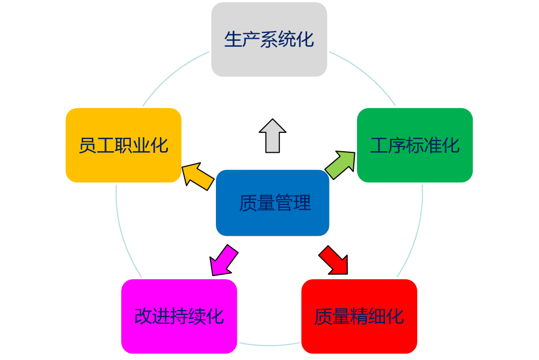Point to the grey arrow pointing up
[272, 136]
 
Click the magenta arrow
[223, 260]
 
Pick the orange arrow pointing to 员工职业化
[197, 177]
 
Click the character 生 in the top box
[233, 39]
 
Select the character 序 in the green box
[397, 145]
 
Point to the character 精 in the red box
[359, 316]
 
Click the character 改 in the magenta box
[143, 316]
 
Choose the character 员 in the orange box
[88, 145]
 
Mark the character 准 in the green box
[433, 145]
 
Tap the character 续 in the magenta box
[197, 316]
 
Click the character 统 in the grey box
[287, 39]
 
